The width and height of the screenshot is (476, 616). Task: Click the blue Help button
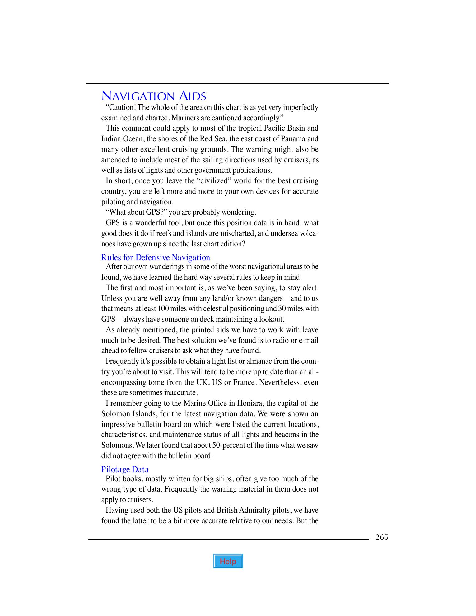point(228,561)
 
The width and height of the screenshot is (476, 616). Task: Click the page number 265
point(382,537)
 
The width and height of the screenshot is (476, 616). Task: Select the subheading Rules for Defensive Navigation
point(156,258)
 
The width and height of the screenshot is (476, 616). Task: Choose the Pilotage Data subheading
point(125,469)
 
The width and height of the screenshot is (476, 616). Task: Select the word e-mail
point(308,340)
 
